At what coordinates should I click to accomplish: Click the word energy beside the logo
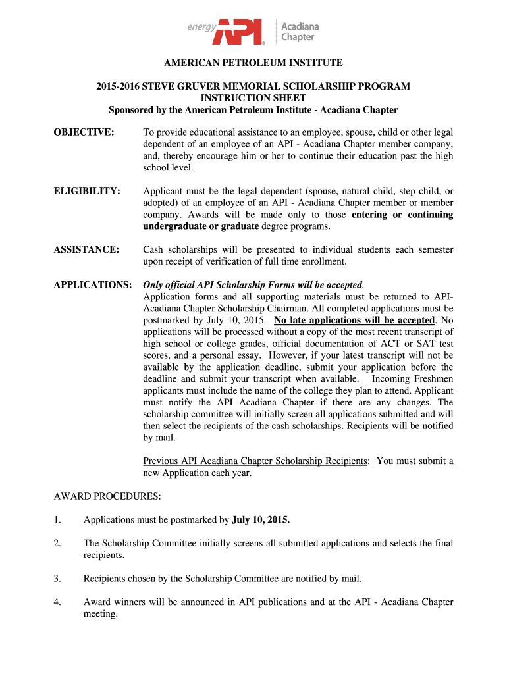point(201,26)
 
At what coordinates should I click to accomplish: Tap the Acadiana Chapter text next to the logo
point(300,32)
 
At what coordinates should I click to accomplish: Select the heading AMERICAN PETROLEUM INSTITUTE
point(254,63)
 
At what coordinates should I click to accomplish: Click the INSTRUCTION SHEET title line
point(254,97)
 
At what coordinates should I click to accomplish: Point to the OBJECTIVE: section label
point(84,133)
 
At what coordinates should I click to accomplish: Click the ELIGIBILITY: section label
point(87,191)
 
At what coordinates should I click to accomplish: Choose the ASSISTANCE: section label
point(86,249)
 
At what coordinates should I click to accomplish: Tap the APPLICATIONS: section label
point(93,285)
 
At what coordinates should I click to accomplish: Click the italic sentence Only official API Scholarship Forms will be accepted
point(254,285)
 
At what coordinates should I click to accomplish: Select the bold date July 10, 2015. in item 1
point(261,520)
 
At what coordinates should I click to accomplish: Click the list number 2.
point(58,543)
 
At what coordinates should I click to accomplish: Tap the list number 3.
point(58,579)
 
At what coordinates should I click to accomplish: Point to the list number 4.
point(58,602)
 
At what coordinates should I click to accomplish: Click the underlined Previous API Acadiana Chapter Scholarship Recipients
point(255,461)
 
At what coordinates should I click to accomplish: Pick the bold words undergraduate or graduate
point(201,226)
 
